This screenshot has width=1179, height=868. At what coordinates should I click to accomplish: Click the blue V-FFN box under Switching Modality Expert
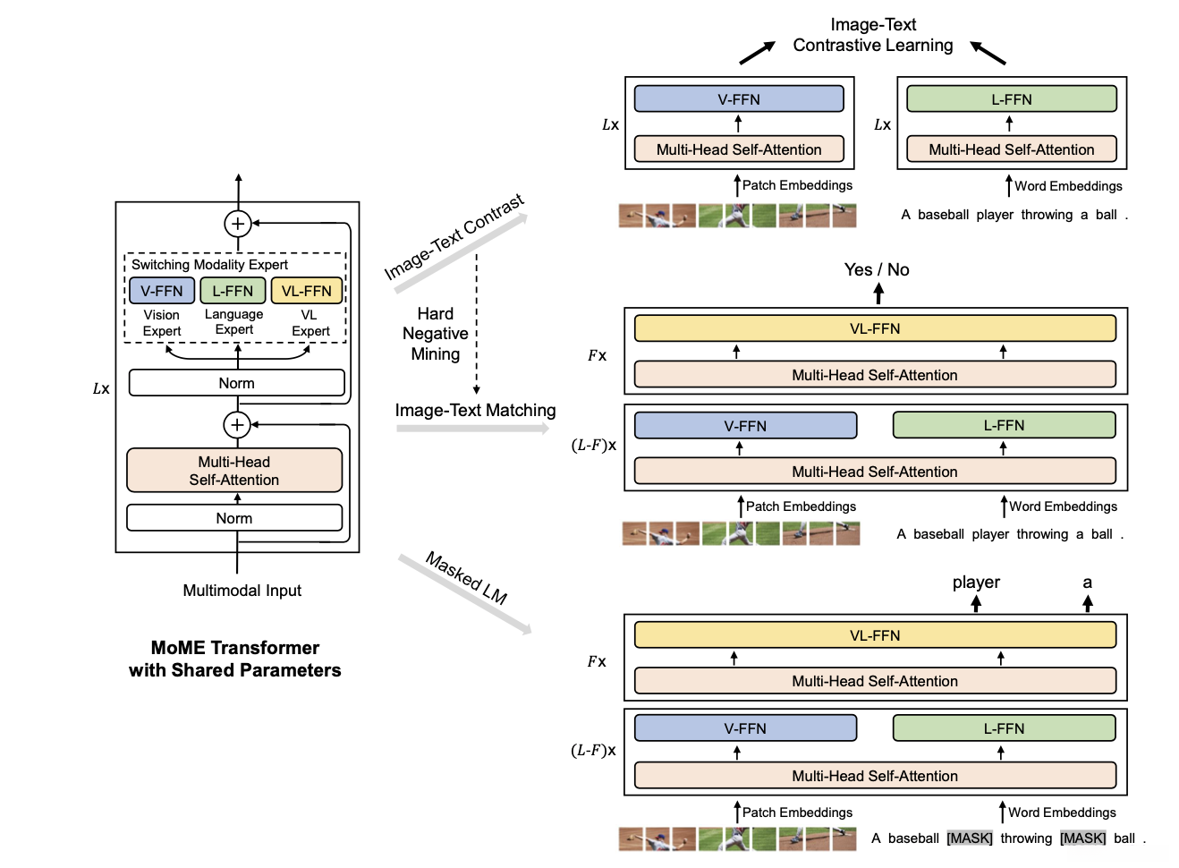(162, 291)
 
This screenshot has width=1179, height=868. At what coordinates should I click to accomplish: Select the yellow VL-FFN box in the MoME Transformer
(306, 291)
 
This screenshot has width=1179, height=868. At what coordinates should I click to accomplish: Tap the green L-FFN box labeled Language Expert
(233, 291)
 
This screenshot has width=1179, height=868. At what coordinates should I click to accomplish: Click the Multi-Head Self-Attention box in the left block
(234, 471)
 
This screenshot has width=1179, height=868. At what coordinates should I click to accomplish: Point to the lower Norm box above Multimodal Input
(234, 518)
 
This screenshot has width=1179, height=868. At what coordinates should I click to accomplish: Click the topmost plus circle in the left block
(238, 224)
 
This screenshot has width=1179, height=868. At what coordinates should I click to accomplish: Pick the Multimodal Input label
(242, 591)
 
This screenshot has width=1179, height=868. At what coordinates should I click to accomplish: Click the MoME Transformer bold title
(234, 659)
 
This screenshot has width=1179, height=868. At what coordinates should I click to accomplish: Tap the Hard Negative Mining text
(435, 334)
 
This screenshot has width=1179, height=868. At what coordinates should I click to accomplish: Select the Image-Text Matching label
(475, 410)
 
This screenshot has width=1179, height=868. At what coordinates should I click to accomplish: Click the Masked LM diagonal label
(466, 577)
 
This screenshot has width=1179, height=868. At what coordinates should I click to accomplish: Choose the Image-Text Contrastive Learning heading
(873, 35)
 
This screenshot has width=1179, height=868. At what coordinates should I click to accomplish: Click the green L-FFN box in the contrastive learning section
(1011, 99)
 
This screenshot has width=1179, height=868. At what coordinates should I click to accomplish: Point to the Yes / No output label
(877, 269)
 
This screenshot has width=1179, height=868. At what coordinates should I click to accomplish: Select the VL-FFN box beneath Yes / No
(875, 328)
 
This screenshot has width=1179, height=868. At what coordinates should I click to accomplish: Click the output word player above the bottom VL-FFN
(976, 583)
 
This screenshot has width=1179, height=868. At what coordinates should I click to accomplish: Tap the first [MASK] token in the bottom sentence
(970, 838)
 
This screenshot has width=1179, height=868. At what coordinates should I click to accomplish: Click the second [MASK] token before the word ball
(1082, 838)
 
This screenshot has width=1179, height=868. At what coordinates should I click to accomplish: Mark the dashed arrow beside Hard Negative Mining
(477, 322)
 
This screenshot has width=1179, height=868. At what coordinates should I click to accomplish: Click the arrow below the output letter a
(1088, 604)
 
